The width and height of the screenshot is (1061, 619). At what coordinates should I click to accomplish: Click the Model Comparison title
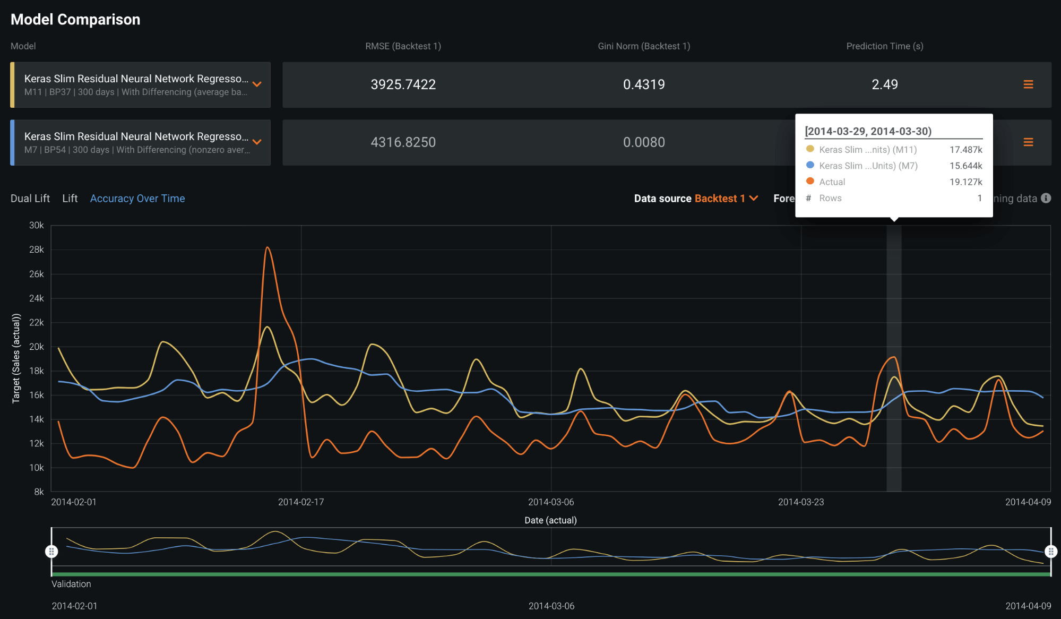pos(75,20)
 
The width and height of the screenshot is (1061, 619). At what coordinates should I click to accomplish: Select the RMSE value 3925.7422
pos(403,84)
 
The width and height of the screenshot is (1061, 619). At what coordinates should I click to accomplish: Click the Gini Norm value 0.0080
pos(643,142)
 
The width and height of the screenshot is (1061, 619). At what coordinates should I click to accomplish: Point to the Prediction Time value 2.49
pos(884,84)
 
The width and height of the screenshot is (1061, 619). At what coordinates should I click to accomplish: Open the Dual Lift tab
pos(30,199)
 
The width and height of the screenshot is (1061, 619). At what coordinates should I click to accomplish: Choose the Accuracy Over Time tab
pos(137,199)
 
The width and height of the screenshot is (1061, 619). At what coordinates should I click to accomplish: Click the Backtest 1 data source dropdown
pos(725,199)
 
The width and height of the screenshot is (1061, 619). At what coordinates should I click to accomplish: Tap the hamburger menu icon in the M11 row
pos(1028,84)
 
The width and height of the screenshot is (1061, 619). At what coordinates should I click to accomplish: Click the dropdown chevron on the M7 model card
pos(257,142)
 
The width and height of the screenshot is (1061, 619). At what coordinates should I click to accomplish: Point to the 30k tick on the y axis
pos(36,225)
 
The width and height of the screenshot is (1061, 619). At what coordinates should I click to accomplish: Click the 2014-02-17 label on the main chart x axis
pos(301,502)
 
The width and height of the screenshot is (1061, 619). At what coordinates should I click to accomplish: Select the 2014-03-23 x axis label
pos(801,502)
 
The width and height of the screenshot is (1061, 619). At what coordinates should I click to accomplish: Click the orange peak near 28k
pos(268,247)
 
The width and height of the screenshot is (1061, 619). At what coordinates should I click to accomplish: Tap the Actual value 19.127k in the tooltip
pos(965,182)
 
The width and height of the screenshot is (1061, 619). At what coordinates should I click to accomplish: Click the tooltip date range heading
pos(868,131)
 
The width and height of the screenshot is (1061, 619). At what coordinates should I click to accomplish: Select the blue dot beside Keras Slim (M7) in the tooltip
pos(810,165)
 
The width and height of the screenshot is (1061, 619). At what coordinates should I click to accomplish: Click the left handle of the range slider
pos(51,552)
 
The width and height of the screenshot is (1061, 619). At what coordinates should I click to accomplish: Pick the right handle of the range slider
pos(1050,552)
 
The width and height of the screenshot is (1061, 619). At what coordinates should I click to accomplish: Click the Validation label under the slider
pos(71,584)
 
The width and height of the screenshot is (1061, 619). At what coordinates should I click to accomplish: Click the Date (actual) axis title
pos(550,520)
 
